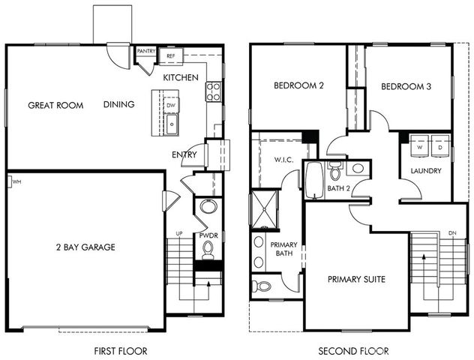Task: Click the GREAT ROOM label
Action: (x=55, y=105)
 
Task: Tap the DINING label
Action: (x=119, y=104)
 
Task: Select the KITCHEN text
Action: (x=181, y=77)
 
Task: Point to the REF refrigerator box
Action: (x=170, y=55)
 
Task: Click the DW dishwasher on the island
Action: (x=171, y=106)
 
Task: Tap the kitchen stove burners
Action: (x=213, y=91)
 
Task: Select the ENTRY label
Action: (x=184, y=155)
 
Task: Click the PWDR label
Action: (x=208, y=235)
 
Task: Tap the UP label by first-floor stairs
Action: (x=178, y=233)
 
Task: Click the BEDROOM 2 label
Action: (x=298, y=86)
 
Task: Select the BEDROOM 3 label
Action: (x=406, y=86)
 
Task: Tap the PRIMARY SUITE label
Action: (x=356, y=279)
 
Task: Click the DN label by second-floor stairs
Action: (x=451, y=233)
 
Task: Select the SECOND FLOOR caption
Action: (x=353, y=350)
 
